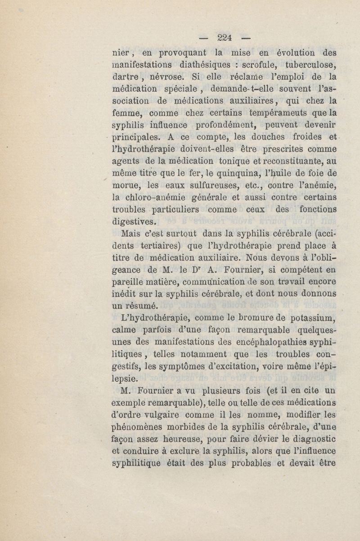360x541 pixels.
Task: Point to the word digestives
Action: click(134, 221)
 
